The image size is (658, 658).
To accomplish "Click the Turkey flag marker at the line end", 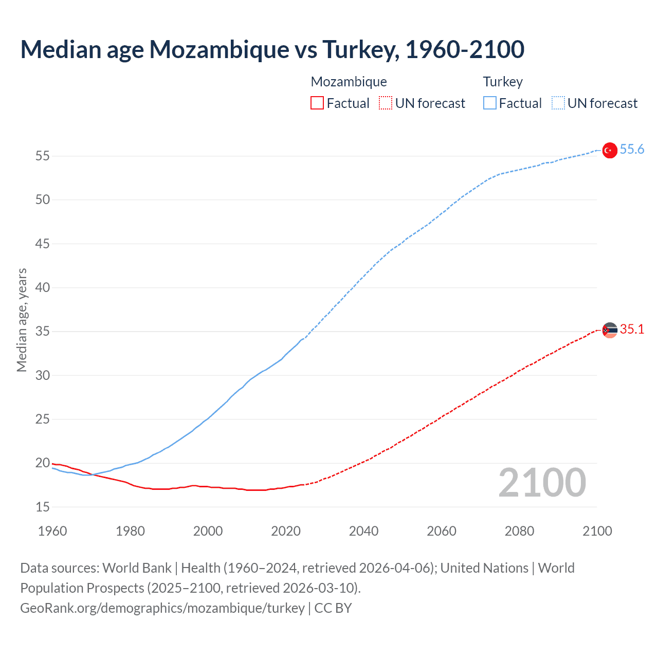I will (x=609, y=150).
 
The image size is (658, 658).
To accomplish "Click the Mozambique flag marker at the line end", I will (x=609, y=330).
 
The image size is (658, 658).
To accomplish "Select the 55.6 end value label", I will (x=632, y=150).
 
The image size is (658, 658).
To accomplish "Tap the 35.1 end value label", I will (x=632, y=330).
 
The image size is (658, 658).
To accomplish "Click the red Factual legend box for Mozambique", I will (x=317, y=103).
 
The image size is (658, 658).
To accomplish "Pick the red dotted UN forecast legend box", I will (x=386, y=103).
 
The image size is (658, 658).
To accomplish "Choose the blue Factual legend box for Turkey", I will (x=489, y=103).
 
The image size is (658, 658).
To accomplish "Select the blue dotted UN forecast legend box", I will (x=558, y=103).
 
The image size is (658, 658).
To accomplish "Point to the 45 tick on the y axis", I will (x=43, y=244).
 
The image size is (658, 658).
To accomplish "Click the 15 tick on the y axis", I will (x=43, y=507).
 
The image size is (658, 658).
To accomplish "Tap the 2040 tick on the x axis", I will (x=363, y=531).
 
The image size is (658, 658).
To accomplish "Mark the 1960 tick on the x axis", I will (x=52, y=531).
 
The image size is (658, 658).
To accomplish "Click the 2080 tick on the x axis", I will (x=519, y=531).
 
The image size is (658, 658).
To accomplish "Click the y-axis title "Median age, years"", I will (x=22, y=320).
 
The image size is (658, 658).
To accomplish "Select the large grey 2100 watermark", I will (x=542, y=483).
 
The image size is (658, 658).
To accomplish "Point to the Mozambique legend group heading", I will (x=349, y=82).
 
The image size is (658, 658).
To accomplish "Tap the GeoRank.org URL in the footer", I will (x=162, y=608).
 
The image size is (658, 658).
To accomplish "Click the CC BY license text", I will (x=333, y=608).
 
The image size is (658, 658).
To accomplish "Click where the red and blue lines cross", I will (x=92, y=474).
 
